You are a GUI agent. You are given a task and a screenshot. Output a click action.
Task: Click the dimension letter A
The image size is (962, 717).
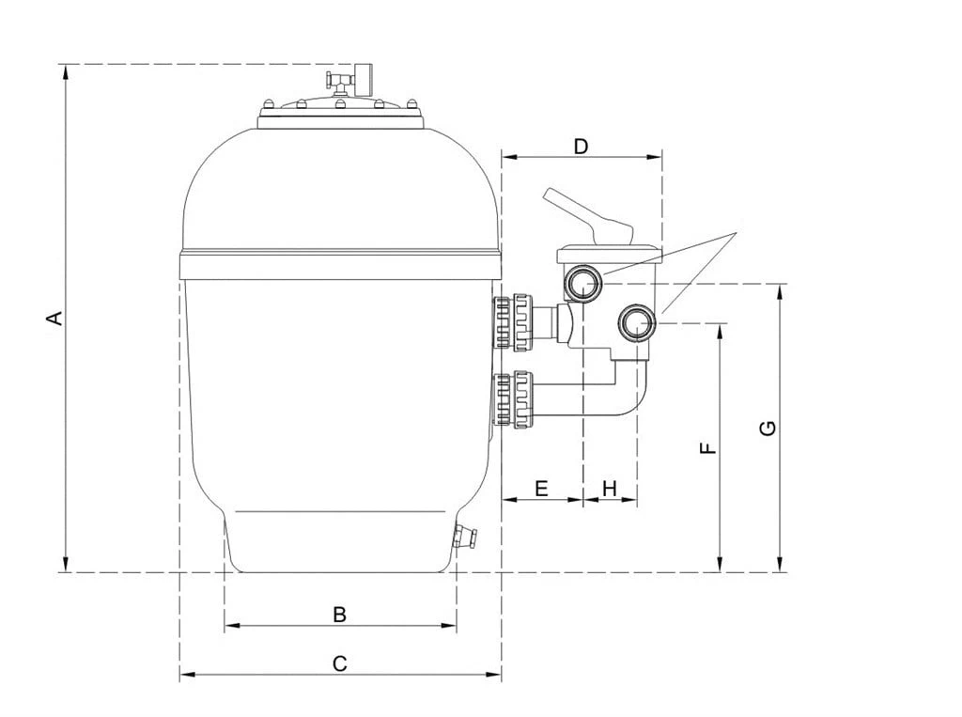point(55,318)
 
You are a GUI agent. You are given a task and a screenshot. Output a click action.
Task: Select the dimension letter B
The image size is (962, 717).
point(339,614)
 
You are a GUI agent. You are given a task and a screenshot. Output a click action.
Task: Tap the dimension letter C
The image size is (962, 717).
point(339,663)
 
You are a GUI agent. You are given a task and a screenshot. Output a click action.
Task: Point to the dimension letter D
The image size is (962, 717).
point(581,146)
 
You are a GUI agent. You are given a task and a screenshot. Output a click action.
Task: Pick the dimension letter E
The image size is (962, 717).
point(541,489)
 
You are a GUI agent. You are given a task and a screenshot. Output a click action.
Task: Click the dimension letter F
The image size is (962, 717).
point(708,447)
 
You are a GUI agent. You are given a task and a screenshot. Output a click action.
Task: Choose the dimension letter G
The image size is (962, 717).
point(768,428)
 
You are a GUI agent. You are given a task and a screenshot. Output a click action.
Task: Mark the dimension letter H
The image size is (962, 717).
point(609,489)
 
